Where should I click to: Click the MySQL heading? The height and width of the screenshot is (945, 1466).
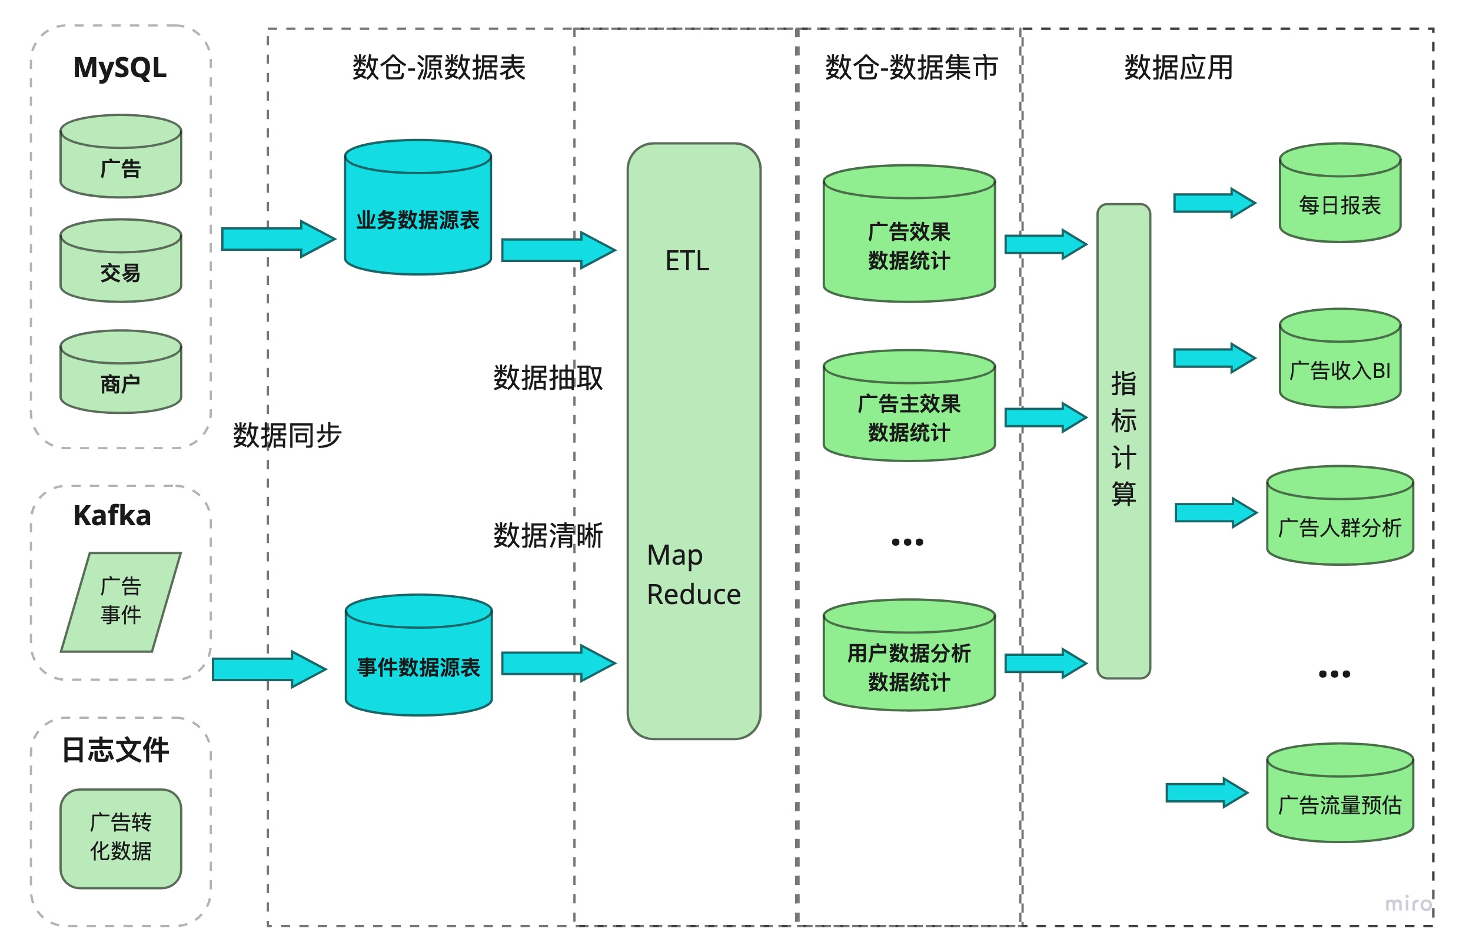click(x=119, y=68)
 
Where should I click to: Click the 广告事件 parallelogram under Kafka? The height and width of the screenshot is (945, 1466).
click(x=121, y=602)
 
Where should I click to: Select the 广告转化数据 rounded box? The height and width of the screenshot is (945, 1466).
click(x=121, y=838)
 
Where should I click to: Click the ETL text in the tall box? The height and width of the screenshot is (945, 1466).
click(x=687, y=261)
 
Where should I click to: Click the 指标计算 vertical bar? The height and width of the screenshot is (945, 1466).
click(x=1123, y=440)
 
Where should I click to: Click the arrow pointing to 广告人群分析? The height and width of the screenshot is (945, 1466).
click(x=1215, y=512)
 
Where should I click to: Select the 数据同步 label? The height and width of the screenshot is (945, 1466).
click(x=287, y=435)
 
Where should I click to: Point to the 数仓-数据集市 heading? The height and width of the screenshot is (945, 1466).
click(x=911, y=68)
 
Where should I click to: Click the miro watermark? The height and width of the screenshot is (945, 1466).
click(x=1408, y=903)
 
